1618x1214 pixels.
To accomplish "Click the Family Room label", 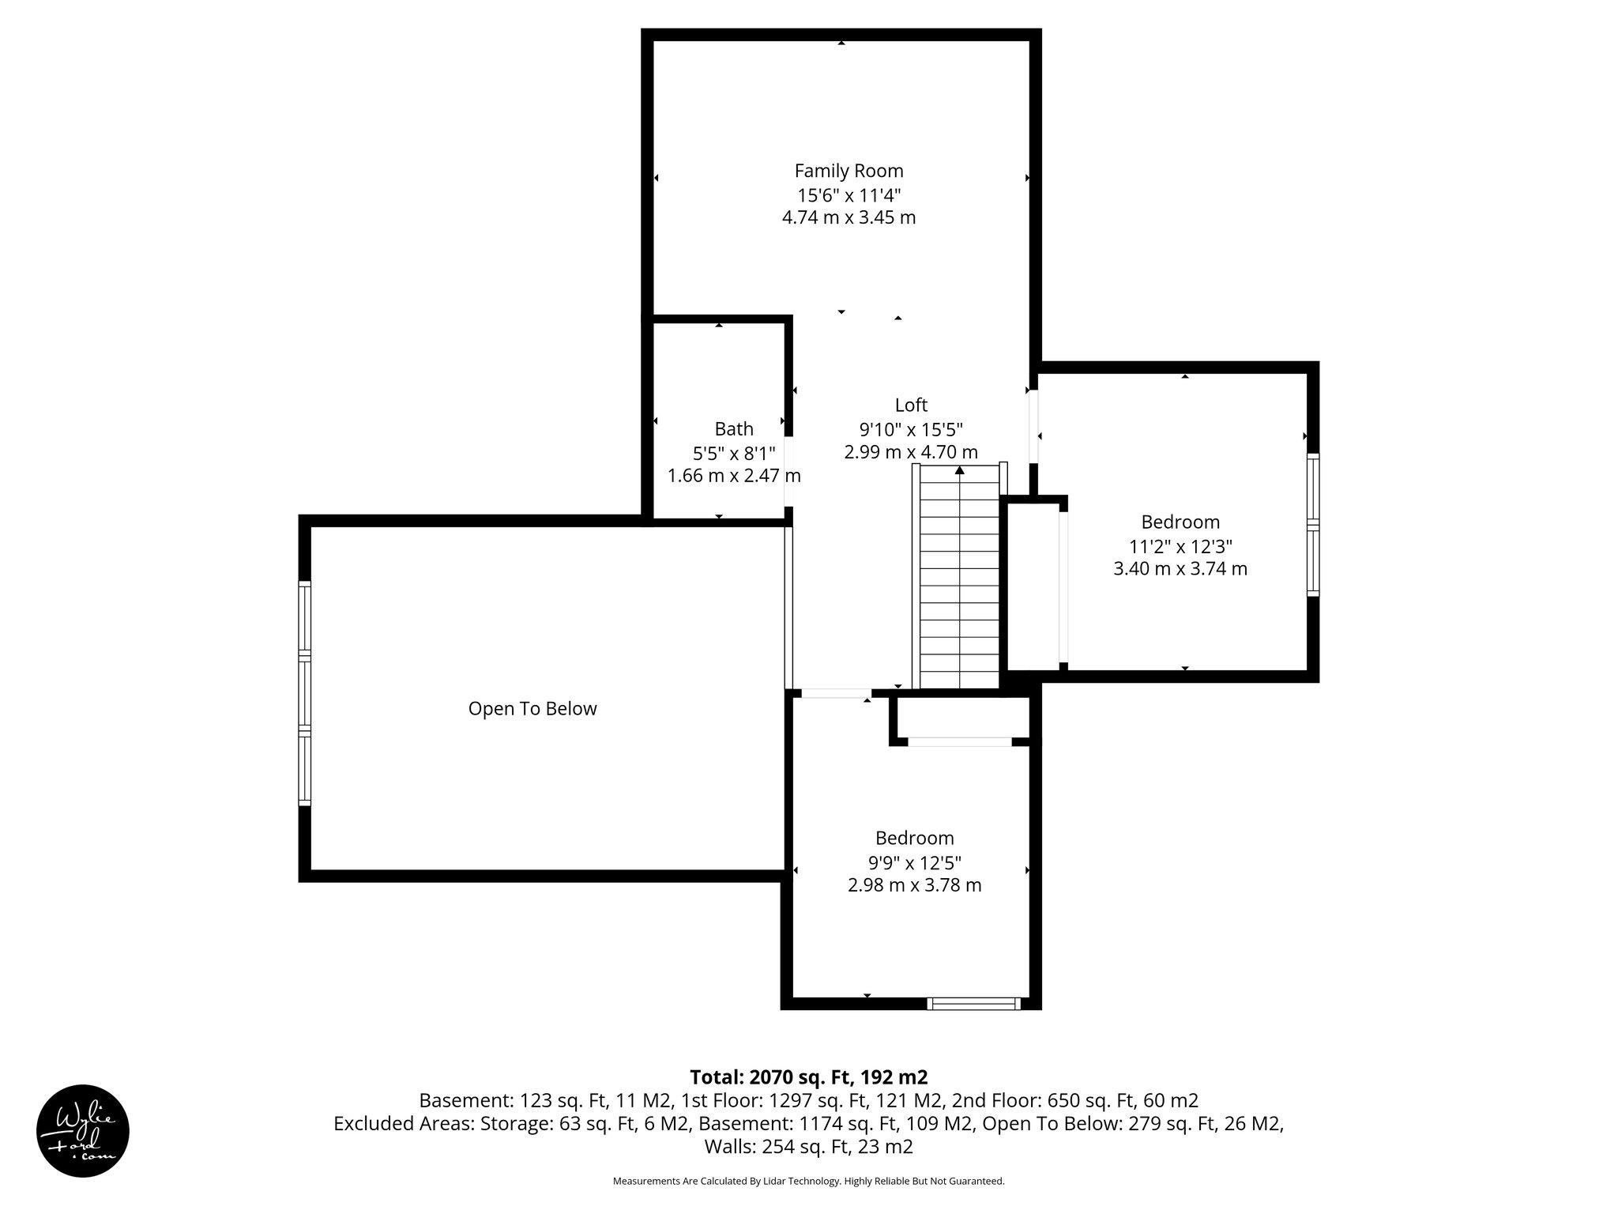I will (849, 171).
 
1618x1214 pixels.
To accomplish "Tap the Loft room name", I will (910, 405).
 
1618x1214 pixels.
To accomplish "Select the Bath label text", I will (734, 429).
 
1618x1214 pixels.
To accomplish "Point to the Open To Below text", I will (532, 709).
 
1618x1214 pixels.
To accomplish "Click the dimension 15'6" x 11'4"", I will (849, 194).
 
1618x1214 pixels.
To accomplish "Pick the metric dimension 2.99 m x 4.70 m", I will (910, 452).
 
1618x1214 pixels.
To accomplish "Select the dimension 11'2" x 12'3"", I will (1180, 546).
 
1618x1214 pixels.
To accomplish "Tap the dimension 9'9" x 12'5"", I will (914, 862).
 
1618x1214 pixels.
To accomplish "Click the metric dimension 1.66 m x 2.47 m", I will (734, 476).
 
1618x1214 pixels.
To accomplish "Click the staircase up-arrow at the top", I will (959, 470).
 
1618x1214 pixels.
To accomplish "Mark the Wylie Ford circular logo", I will (83, 1130).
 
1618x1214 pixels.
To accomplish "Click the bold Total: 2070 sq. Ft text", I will (808, 1077).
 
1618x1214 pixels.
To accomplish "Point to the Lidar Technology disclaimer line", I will (808, 1181).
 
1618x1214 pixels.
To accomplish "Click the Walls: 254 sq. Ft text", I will (808, 1147).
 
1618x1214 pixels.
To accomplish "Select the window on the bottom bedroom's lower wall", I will (973, 1004).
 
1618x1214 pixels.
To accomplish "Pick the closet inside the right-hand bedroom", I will (1033, 585).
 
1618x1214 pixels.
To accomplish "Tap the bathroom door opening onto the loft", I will (788, 471).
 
